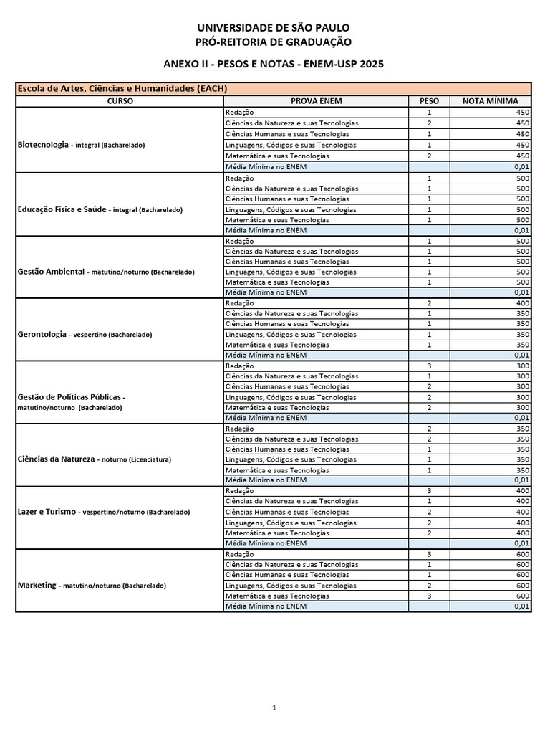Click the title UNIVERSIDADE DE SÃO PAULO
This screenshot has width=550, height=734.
[x=274, y=28]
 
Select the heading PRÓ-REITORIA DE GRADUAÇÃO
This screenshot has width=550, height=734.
[x=274, y=42]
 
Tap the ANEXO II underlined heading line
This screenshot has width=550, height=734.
[x=274, y=65]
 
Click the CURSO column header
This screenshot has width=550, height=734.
[x=120, y=101]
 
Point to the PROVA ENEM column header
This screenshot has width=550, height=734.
[x=315, y=101]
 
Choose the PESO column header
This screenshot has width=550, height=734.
[x=429, y=101]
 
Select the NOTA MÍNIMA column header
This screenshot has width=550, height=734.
[x=491, y=101]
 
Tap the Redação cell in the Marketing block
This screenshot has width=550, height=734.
[x=239, y=554]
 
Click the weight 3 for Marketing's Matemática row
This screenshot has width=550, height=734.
[x=429, y=596]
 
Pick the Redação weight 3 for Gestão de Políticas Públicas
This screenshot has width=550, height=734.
[x=429, y=366]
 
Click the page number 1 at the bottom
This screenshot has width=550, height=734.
[x=274, y=707]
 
